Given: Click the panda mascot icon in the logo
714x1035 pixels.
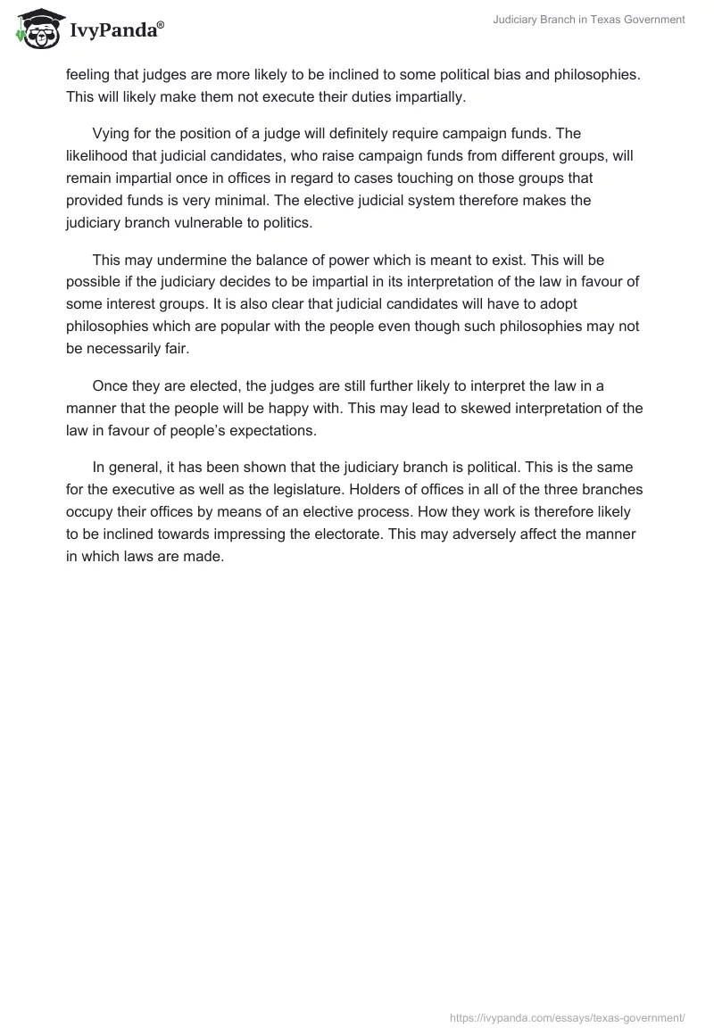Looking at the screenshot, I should (35, 29).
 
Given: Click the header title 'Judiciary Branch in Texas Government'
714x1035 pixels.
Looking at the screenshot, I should (589, 21).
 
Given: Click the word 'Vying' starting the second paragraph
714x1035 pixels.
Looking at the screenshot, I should (112, 134).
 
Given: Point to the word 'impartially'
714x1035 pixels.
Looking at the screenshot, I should (430, 96).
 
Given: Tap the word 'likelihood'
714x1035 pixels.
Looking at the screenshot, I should (97, 156).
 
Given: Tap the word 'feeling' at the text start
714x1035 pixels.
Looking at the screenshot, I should (89, 74).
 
